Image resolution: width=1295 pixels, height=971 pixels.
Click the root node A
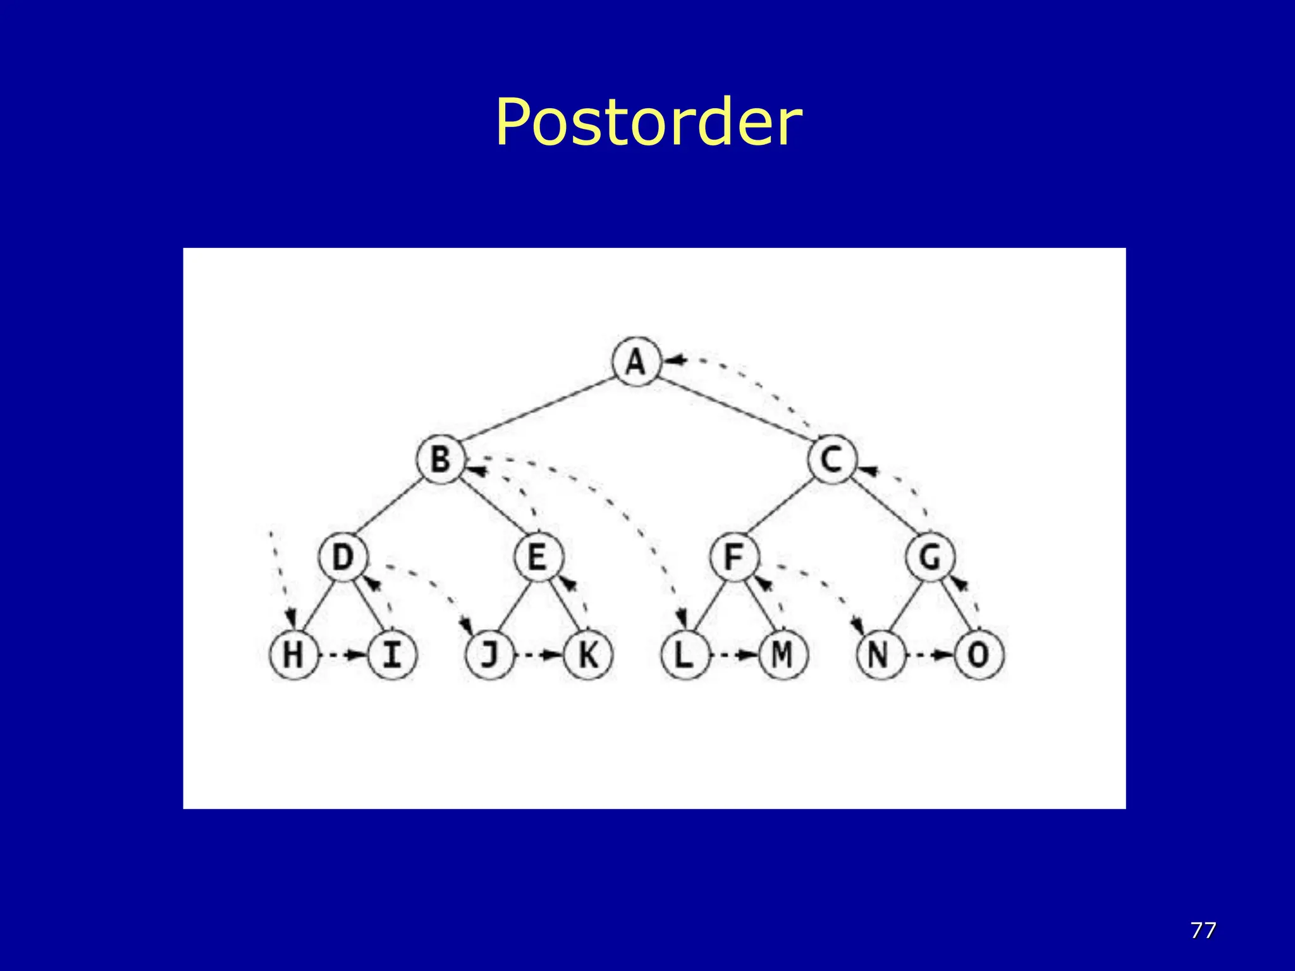point(636,362)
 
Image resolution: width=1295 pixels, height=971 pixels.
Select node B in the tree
point(441,459)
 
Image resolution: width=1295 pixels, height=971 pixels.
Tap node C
point(832,459)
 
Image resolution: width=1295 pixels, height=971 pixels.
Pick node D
point(343,557)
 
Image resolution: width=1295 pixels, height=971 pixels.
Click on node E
point(538,557)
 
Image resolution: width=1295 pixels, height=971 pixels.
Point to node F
point(733,557)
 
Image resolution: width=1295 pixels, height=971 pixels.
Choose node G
point(930,557)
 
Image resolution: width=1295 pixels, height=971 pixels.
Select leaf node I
point(392,654)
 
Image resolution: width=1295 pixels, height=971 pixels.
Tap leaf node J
point(489,654)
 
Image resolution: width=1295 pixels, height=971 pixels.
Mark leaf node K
point(588,654)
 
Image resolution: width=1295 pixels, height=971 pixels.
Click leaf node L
point(685,654)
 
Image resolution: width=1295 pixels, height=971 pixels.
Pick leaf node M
point(783,654)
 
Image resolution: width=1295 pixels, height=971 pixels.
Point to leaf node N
point(880,654)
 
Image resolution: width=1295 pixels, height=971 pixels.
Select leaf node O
point(979,654)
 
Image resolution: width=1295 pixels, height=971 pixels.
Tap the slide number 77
point(1203,930)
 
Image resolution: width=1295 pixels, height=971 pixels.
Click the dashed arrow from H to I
point(343,655)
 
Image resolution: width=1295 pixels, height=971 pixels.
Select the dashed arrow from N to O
point(930,655)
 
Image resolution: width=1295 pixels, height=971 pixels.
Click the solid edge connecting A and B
point(537,410)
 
